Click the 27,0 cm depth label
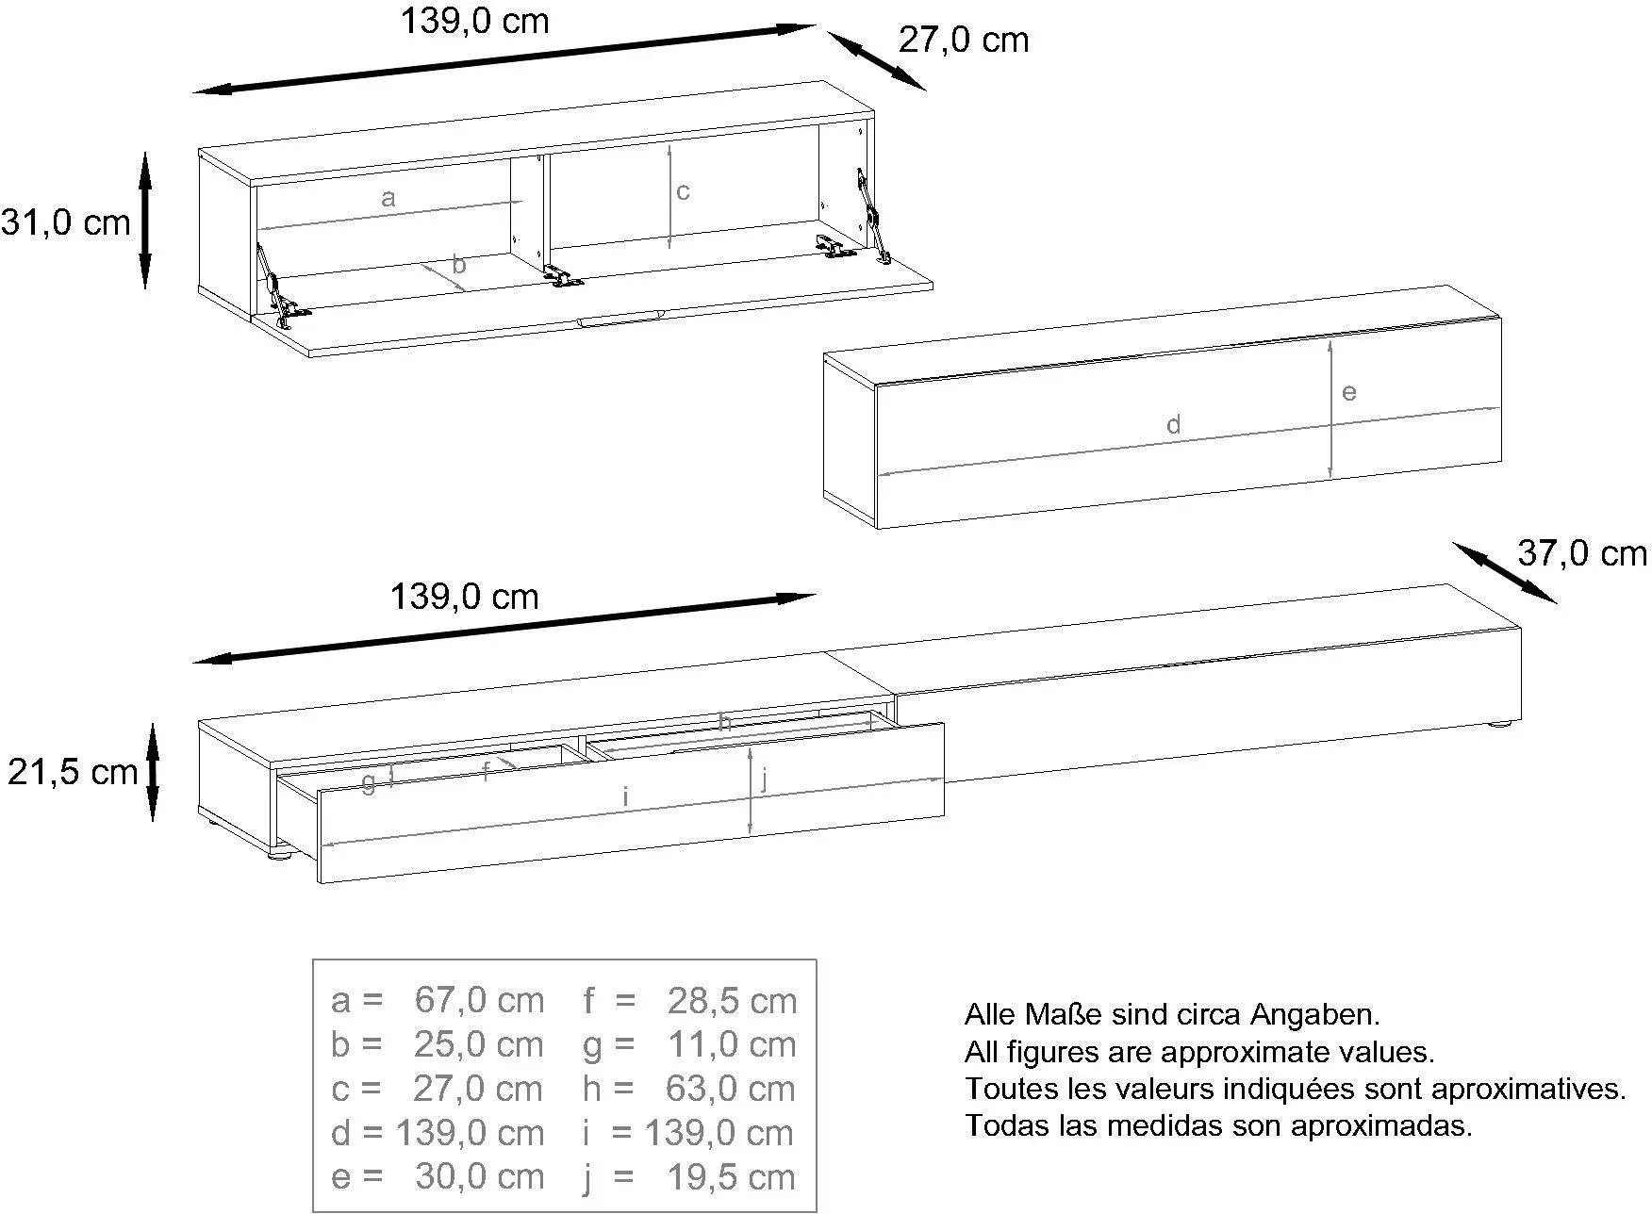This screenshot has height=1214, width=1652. (x=963, y=41)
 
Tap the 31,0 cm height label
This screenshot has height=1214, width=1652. (x=65, y=223)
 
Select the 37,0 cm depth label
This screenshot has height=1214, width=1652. (x=1582, y=553)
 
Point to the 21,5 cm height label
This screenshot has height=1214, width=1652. (x=73, y=772)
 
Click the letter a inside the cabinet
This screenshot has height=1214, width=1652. (x=388, y=198)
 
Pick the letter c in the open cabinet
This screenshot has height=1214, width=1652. (x=683, y=191)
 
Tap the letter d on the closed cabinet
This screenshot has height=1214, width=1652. (x=1173, y=424)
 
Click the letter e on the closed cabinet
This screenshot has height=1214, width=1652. (x=1348, y=392)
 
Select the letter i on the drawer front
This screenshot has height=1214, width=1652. (x=625, y=796)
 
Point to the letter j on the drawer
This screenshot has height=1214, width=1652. (x=765, y=779)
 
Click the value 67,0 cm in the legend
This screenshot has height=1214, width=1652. (x=479, y=1000)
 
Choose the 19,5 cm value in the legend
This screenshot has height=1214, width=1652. (x=732, y=1177)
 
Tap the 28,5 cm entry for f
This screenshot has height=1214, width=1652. (x=732, y=1000)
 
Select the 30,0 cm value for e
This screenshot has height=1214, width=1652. (x=479, y=1177)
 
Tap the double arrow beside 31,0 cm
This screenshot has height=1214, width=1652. (x=145, y=221)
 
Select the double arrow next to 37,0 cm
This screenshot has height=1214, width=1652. (x=1504, y=572)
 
